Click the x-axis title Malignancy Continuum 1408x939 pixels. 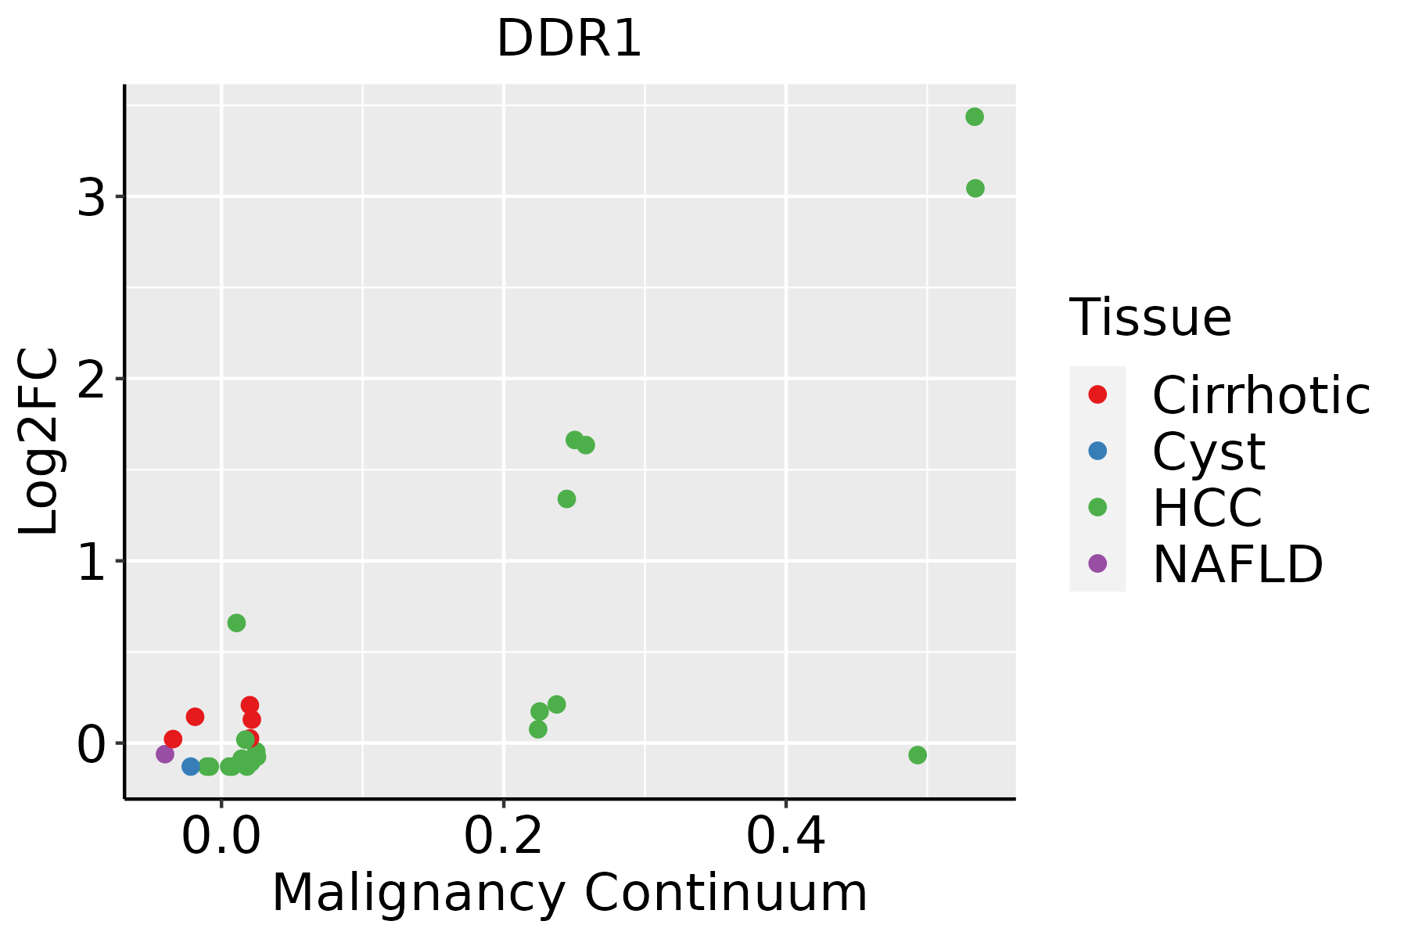pyautogui.click(x=569, y=893)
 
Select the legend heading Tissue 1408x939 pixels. pyautogui.click(x=1150, y=318)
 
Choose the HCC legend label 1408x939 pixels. pyautogui.click(x=1207, y=508)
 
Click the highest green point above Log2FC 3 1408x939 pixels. pyautogui.click(x=975, y=117)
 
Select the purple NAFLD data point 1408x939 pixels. pyautogui.click(x=165, y=754)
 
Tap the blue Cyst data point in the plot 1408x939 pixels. pyautogui.click(x=191, y=766)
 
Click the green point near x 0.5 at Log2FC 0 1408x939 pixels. pyautogui.click(x=918, y=755)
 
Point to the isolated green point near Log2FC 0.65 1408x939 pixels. pyautogui.click(x=236, y=623)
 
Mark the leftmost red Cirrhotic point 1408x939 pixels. pyautogui.click(x=173, y=739)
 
